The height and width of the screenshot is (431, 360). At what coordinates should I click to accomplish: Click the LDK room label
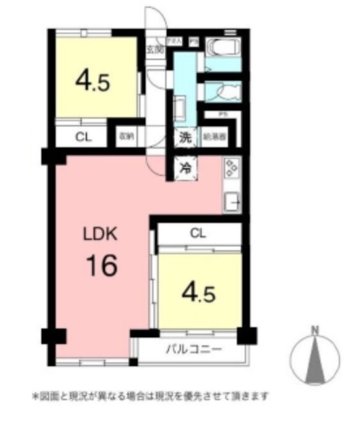[x=100, y=235]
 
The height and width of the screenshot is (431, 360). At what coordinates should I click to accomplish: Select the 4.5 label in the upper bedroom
[x=93, y=82]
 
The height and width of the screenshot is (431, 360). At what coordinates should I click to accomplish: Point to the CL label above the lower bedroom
[x=198, y=234]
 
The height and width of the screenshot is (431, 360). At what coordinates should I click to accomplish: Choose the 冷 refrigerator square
[x=186, y=167]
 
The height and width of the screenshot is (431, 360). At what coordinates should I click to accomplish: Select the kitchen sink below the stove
[x=231, y=203]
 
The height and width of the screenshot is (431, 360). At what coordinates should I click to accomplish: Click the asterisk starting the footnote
[x=35, y=397]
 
